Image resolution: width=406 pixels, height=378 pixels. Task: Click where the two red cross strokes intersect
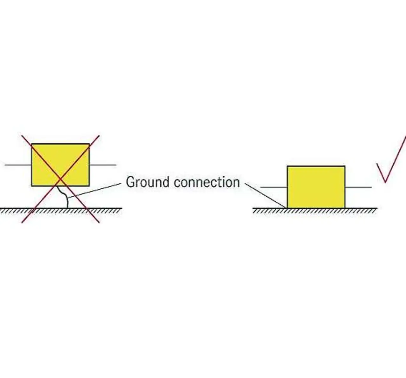[60, 179]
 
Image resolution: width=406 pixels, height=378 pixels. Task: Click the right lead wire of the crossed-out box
[103, 165]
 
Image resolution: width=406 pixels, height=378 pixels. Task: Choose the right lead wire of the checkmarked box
[358, 187]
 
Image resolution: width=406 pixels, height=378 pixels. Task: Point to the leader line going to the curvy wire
[95, 190]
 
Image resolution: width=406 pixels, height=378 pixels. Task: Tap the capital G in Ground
[130, 182]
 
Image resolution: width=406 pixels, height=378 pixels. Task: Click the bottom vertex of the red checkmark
[385, 182]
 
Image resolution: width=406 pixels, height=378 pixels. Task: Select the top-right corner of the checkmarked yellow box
[345, 166]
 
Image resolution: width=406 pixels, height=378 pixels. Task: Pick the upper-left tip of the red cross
[22, 136]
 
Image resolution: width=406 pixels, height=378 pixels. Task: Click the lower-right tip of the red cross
[99, 222]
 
